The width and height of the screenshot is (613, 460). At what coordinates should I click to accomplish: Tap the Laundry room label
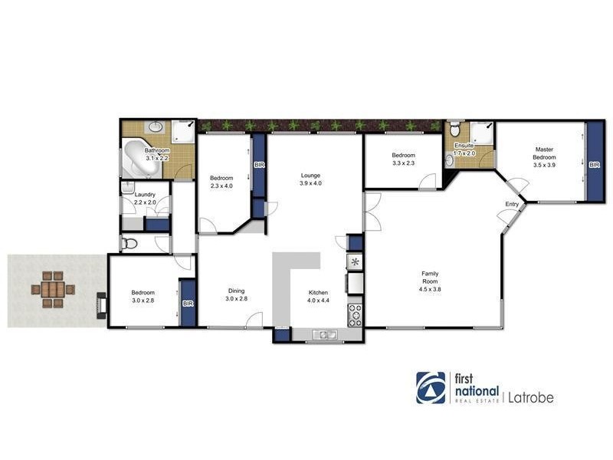[145, 195]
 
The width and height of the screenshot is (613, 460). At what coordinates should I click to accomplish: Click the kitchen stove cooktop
[356, 314]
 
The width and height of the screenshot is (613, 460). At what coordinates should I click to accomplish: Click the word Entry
[512, 204]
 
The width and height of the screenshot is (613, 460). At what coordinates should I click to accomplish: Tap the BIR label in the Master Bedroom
[595, 163]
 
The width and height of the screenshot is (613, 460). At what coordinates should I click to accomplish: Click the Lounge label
[310, 175]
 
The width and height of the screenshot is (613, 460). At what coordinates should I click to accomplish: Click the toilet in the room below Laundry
[130, 244]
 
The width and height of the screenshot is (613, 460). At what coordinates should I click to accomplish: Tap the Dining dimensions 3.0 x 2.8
[236, 299]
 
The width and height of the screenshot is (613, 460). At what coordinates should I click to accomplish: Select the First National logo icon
[431, 387]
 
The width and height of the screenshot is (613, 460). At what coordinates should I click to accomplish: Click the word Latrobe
[529, 397]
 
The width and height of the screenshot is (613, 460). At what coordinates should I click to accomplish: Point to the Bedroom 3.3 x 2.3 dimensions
[403, 163]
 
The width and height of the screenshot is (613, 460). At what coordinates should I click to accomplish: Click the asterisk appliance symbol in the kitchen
[355, 262]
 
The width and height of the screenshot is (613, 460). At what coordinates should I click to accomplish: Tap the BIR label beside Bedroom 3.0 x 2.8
[188, 304]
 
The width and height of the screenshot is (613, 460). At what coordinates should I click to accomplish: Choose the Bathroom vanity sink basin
[156, 127]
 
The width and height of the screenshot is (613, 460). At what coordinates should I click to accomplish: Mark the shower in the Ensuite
[482, 132]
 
